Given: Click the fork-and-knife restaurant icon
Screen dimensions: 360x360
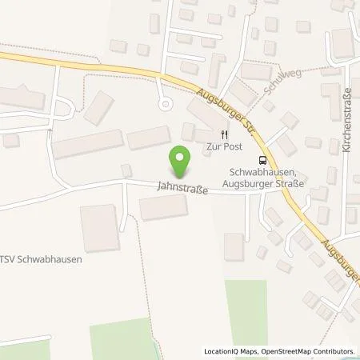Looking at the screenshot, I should pyautogui.click(x=223, y=135).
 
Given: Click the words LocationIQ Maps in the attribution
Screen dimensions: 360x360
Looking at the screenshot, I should pyautogui.click(x=228, y=351).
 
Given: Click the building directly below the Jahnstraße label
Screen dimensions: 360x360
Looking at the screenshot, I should pyautogui.click(x=163, y=208).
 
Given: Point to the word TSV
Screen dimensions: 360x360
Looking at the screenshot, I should pyautogui.click(x=8, y=259).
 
